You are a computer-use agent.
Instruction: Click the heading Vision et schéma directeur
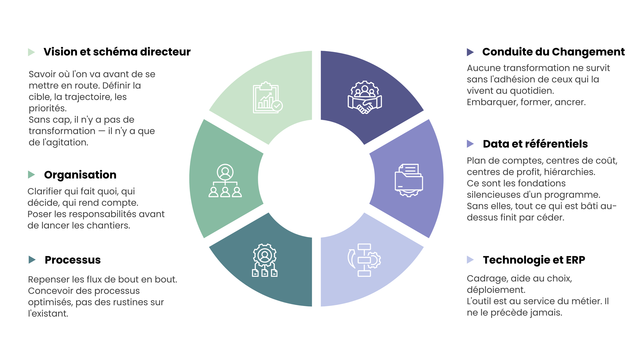(117, 52)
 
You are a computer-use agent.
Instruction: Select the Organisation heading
(80, 175)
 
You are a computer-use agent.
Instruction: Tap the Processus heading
(73, 260)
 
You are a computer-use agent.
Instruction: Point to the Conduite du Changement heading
(553, 52)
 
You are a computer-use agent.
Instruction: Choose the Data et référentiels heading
(535, 144)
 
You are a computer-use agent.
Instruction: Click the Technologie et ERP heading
(534, 260)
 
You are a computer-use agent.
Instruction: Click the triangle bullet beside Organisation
(31, 175)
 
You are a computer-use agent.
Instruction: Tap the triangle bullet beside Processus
(32, 260)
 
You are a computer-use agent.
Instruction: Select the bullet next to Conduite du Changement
(470, 52)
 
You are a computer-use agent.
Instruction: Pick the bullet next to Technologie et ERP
(470, 260)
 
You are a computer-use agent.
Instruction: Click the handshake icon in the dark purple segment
(365, 98)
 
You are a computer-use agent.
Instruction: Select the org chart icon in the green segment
(225, 180)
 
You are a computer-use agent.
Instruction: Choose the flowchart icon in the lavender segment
(364, 260)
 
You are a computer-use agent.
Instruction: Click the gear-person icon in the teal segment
(265, 260)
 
